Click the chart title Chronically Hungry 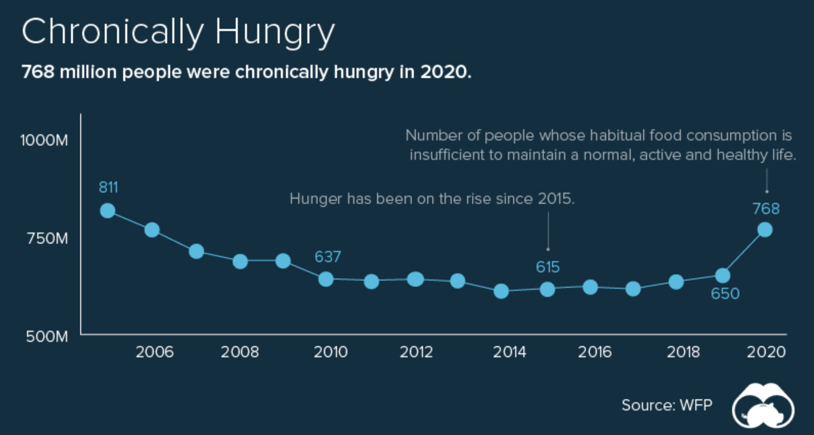pyautogui.click(x=179, y=32)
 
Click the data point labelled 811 pyautogui.click(x=107, y=211)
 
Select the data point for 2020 pyautogui.click(x=765, y=230)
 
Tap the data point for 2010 pyautogui.click(x=326, y=279)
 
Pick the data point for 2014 pyautogui.click(x=502, y=291)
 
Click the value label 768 pyautogui.click(x=766, y=209)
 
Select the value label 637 pyautogui.click(x=328, y=257)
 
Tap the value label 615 pyautogui.click(x=547, y=267)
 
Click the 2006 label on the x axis pyautogui.click(x=154, y=352)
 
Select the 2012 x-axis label pyautogui.click(x=416, y=352)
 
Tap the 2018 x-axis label pyautogui.click(x=678, y=352)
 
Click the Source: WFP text pyautogui.click(x=667, y=405)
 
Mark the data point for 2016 pyautogui.click(x=590, y=287)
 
